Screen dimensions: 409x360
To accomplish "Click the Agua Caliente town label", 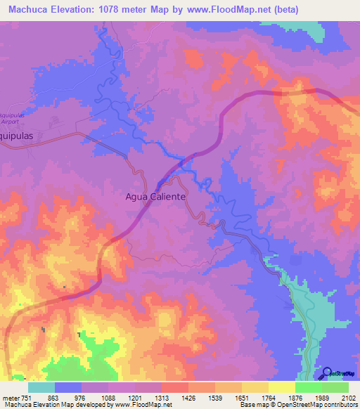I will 155,197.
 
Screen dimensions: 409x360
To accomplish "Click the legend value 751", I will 26,398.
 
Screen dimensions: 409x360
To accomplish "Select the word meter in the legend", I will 11,398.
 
